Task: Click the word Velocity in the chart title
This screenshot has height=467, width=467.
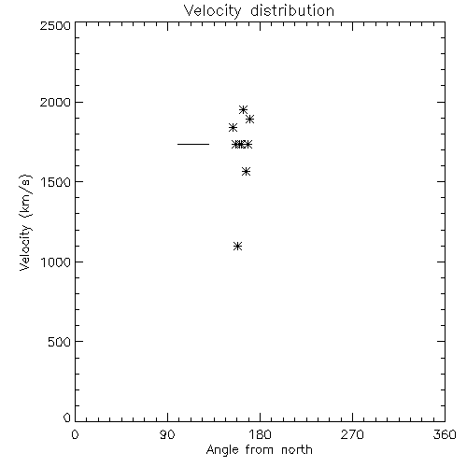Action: click(x=213, y=12)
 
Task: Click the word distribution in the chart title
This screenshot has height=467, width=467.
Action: click(x=292, y=10)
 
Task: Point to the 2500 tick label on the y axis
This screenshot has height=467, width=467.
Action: click(x=55, y=25)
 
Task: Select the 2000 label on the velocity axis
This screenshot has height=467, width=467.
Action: click(x=55, y=102)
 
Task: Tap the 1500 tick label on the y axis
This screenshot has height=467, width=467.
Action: click(x=56, y=182)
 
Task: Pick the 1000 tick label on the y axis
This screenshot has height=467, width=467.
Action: click(x=56, y=262)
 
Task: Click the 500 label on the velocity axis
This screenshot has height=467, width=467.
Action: click(x=59, y=342)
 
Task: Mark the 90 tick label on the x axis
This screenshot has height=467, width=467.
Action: click(x=167, y=434)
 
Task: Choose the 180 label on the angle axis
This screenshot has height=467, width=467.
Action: click(x=260, y=434)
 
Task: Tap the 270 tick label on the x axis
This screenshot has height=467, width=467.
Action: click(x=352, y=434)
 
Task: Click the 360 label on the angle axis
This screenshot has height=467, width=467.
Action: click(x=445, y=434)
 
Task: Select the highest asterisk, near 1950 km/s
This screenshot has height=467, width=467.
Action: click(x=243, y=109)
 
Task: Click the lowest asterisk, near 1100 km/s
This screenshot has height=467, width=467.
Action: click(x=237, y=247)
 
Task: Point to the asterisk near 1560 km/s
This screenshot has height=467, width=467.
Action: click(x=246, y=172)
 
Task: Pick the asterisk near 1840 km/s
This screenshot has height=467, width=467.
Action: click(x=233, y=127)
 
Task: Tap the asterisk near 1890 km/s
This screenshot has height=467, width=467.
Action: click(x=249, y=119)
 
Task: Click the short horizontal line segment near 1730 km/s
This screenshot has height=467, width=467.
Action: click(x=193, y=144)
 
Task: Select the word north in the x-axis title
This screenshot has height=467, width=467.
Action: click(x=297, y=450)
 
